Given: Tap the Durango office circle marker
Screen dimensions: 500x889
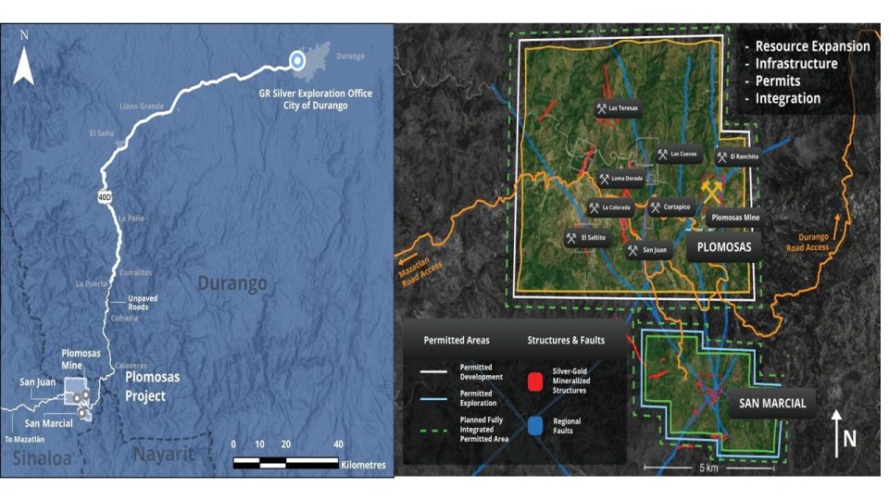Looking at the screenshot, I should coord(296,61).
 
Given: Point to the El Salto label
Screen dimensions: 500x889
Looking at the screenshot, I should coord(104,133).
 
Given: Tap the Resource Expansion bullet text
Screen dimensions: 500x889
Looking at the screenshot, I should coord(812,46).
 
